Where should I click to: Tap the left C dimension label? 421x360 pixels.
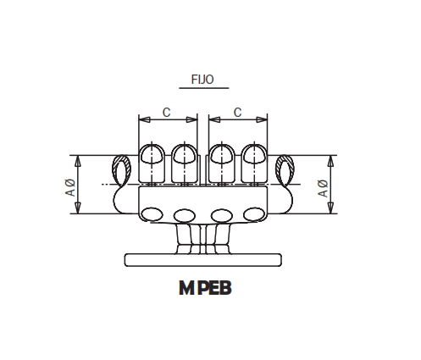coord(167,111)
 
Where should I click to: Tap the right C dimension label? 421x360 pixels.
coord(237,111)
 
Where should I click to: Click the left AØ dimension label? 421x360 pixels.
coord(71,187)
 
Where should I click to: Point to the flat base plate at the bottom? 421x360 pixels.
coord(202,259)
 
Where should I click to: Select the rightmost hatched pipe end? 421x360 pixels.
coord(284,169)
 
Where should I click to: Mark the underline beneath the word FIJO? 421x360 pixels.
coord(202,90)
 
